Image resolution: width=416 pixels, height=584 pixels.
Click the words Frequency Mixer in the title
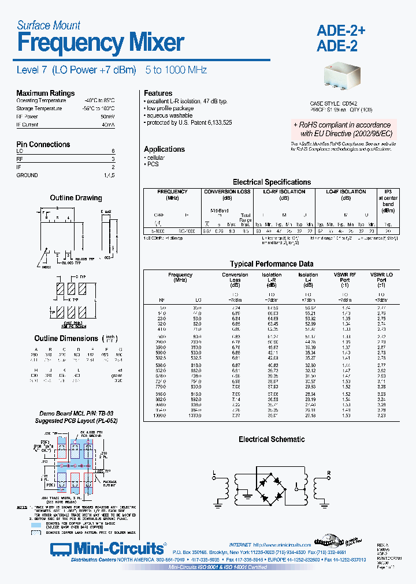tap(101, 43)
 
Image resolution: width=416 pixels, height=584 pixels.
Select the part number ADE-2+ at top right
tap(341, 31)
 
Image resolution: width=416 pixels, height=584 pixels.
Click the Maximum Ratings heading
tap(45, 93)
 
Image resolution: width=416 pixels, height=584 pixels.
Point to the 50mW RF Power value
tap(108, 116)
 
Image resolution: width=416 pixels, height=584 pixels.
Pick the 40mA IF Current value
tap(108, 124)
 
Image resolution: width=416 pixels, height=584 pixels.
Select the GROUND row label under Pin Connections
tap(27, 175)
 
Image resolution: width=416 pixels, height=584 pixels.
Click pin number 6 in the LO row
tap(113, 151)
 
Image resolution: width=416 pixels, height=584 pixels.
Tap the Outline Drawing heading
tap(76, 198)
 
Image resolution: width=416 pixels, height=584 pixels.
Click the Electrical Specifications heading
tap(272, 182)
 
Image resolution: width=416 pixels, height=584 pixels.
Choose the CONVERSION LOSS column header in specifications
tap(228, 192)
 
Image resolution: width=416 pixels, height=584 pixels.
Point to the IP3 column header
tap(388, 192)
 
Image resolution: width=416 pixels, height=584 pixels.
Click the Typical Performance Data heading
tap(271, 264)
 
